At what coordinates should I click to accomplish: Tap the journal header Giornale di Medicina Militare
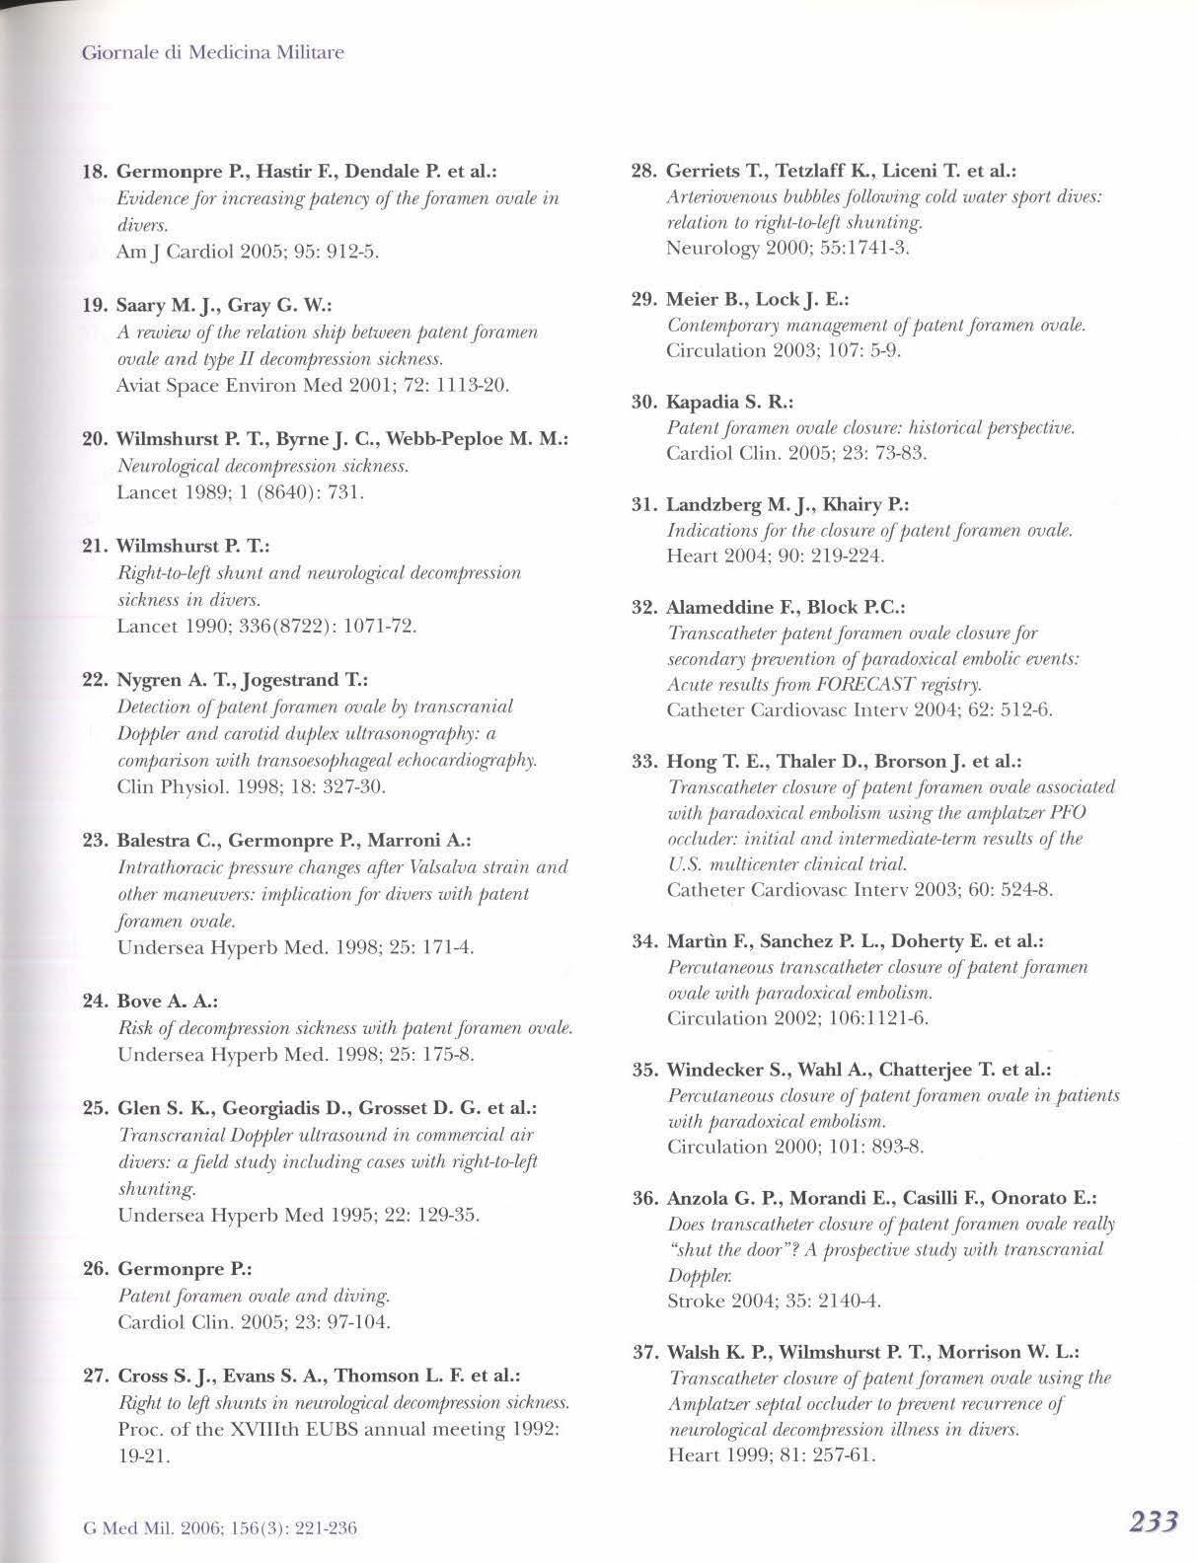point(212,52)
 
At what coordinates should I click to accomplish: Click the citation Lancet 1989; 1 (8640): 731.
point(241,491)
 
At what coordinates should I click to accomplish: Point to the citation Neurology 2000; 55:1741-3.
point(787,248)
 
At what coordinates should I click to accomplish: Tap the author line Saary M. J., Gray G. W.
point(213,305)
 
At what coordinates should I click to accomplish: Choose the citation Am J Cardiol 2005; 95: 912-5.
point(247,252)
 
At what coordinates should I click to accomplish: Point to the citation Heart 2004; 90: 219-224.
point(776,557)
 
